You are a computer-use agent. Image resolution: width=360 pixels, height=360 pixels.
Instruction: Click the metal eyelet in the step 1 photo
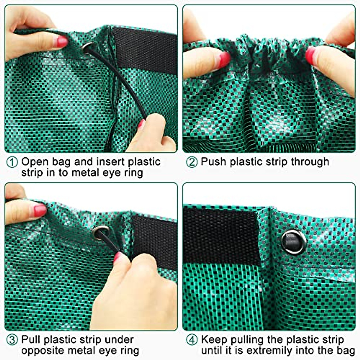coord(88,47)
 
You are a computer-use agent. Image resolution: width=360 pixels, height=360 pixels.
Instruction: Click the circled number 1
coord(12,162)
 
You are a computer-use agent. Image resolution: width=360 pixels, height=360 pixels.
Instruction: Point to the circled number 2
coord(192,162)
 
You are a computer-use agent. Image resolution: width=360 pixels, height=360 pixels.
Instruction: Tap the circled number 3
coord(12,340)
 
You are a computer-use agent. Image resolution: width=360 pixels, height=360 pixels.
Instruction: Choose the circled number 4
coord(192,340)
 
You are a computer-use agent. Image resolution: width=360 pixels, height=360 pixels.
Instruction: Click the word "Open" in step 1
coord(35,162)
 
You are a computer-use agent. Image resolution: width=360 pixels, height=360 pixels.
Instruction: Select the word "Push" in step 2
coord(213,162)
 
